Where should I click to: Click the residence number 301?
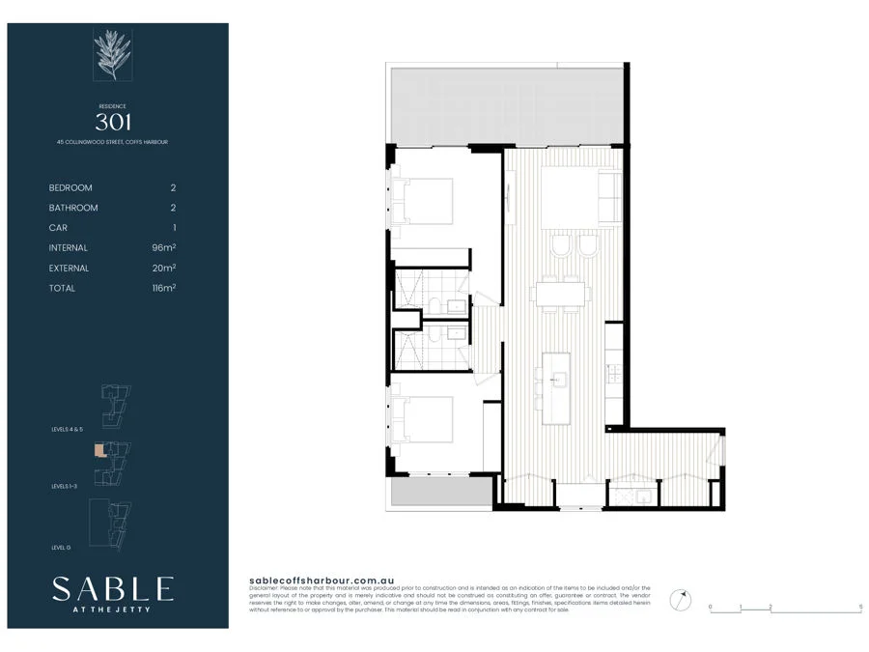[x=113, y=122]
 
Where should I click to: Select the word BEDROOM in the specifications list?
[x=70, y=187]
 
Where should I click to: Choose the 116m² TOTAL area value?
[x=163, y=288]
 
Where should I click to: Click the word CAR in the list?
[x=58, y=228]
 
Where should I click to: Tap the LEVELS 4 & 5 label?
[x=70, y=429]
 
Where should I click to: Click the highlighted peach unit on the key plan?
[x=98, y=450]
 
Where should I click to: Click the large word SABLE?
[x=113, y=588]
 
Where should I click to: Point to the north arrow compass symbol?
[x=683, y=599]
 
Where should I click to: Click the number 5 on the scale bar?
[x=860, y=608]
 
